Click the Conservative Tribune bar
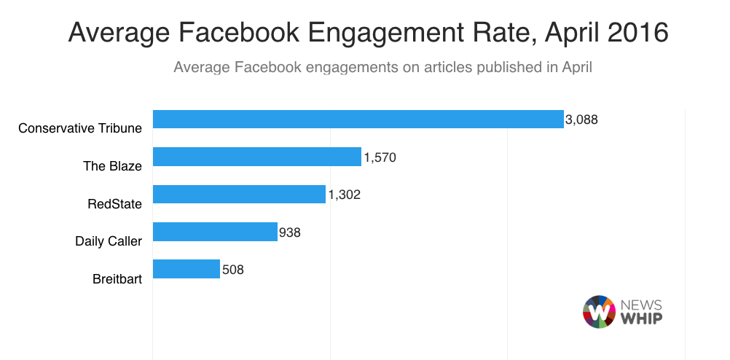(x=358, y=120)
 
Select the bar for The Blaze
(x=256, y=157)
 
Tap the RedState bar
(x=239, y=194)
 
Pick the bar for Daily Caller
(x=215, y=232)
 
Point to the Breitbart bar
(x=186, y=269)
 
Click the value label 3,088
(x=581, y=120)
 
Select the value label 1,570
(x=379, y=157)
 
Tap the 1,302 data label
(x=344, y=195)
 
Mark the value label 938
(x=290, y=232)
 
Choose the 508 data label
(x=232, y=269)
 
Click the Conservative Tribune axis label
(x=80, y=128)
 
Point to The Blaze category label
(x=112, y=165)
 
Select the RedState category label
(x=114, y=203)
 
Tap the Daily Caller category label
(x=109, y=240)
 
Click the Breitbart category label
(x=117, y=278)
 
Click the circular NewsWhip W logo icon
(x=600, y=311)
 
